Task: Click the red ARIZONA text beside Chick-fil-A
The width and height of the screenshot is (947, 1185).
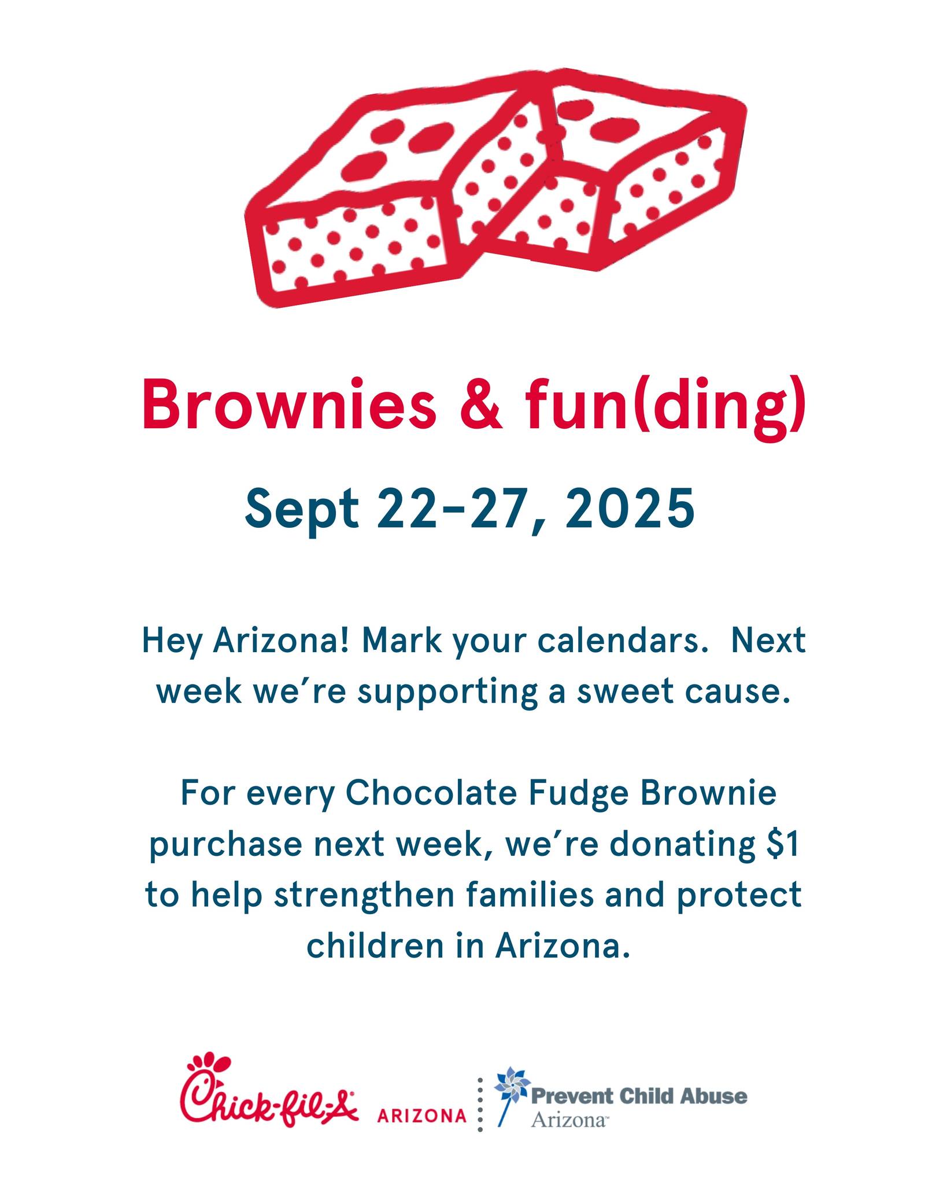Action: pos(421,1115)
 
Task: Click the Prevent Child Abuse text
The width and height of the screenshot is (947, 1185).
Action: pos(639,1096)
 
